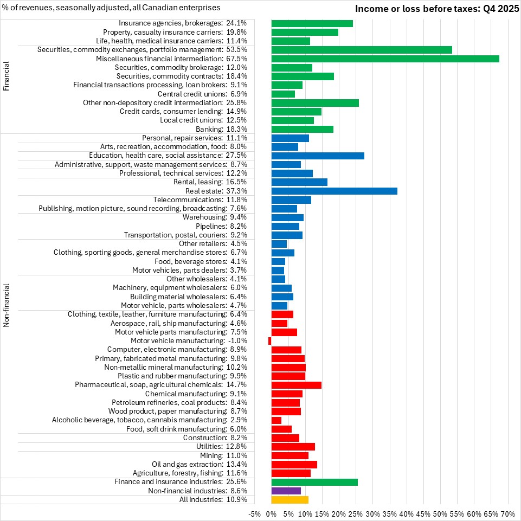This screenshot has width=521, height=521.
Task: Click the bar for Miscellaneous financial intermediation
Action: [x=385, y=59]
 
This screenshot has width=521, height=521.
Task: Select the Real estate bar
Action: [x=334, y=191]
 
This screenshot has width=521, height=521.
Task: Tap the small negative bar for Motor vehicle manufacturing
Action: [x=269, y=340]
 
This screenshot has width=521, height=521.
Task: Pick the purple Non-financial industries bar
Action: [x=286, y=491]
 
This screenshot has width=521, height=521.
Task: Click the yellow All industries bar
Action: [x=290, y=499]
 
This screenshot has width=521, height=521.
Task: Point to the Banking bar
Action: [x=302, y=129]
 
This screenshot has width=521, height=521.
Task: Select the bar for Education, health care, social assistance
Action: [x=317, y=156]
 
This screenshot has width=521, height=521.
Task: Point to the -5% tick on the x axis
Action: [x=254, y=513]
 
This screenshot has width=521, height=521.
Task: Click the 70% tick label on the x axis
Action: [x=508, y=513]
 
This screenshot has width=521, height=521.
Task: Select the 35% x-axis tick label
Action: [x=390, y=513]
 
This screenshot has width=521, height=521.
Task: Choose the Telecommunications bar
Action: [x=291, y=200]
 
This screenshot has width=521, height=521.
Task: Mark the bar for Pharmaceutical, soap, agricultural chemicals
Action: [x=296, y=385]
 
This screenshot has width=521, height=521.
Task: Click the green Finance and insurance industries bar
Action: [x=314, y=482]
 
